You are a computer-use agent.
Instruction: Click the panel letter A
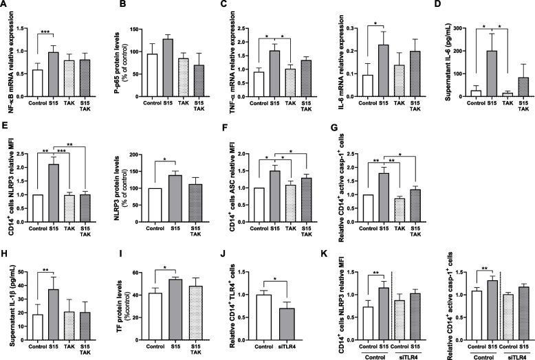click(6, 5)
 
